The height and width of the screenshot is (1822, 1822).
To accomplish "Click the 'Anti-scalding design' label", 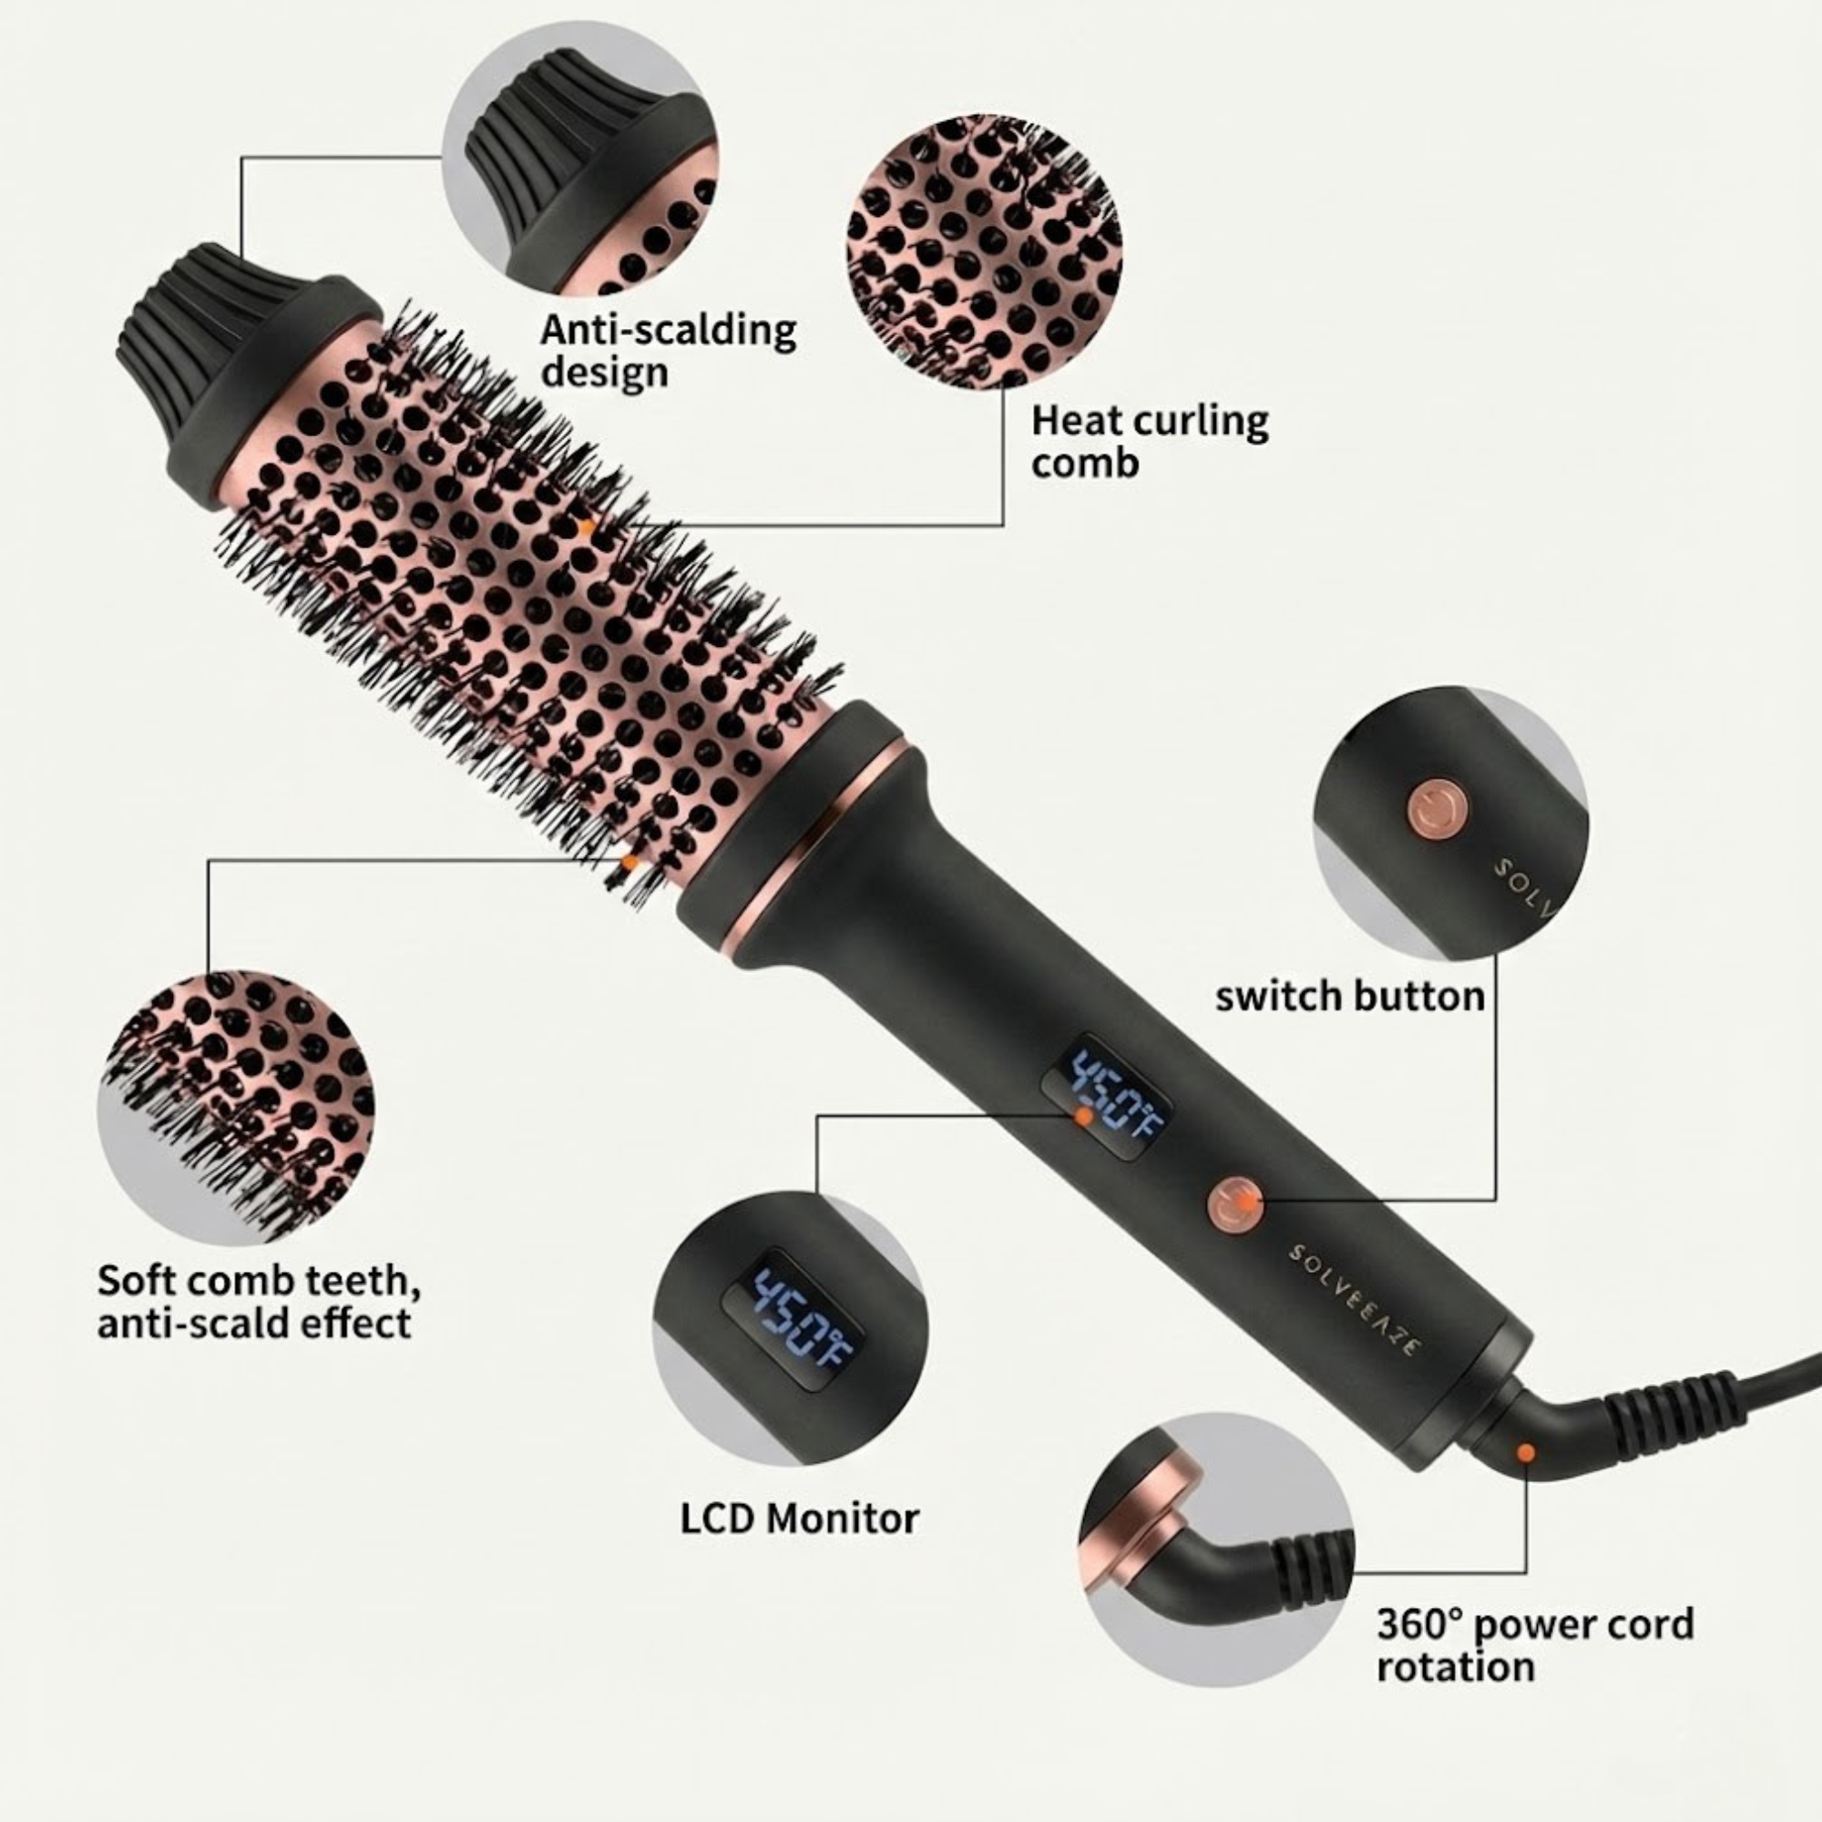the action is [668, 351].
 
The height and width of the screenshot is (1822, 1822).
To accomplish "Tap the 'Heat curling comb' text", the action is [1150, 440].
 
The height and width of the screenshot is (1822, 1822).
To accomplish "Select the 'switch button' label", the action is [1350, 996].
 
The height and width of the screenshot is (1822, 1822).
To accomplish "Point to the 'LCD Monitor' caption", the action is [800, 1519].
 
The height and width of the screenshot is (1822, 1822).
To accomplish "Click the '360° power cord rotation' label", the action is [1535, 1645].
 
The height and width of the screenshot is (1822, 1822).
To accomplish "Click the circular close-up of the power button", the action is [1449, 824].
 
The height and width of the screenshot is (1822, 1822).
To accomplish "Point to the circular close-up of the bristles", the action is [236, 1109].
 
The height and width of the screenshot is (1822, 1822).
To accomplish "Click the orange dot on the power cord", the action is [1525, 1452].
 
